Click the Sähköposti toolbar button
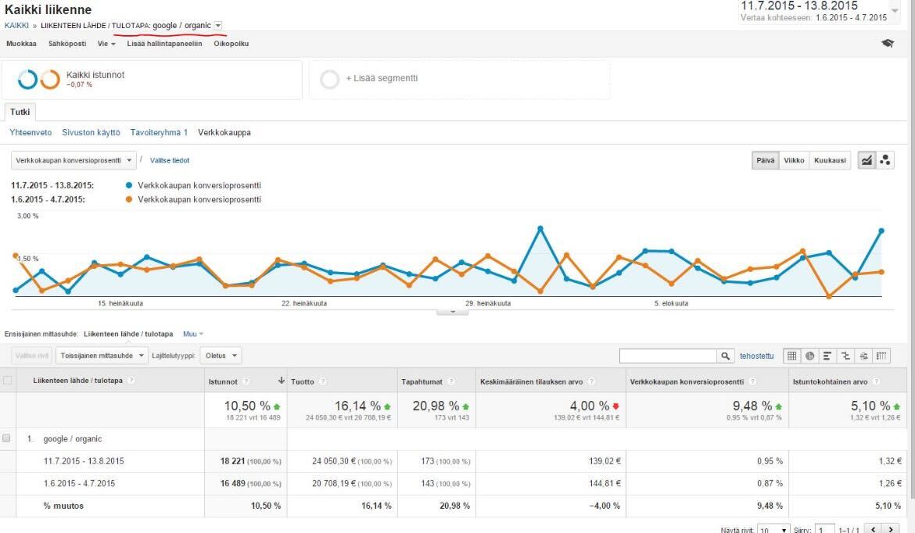pos(67,44)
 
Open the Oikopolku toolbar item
pos(231,44)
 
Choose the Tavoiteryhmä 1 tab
pos(159,133)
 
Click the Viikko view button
pos(794,160)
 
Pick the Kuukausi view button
pos(830,160)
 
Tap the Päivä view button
pos(764,160)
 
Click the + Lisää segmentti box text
pos(382,79)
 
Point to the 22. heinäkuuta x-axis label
pos(305,303)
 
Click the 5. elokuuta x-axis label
pos(671,303)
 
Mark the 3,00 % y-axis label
pos(27,216)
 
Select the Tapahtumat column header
pos(422,381)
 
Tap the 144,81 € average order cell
pos(602,484)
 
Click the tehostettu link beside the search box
pos(756,356)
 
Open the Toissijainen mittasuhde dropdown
pos(102,356)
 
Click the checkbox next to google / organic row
pos(7,438)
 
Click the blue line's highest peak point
pos(540,228)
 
